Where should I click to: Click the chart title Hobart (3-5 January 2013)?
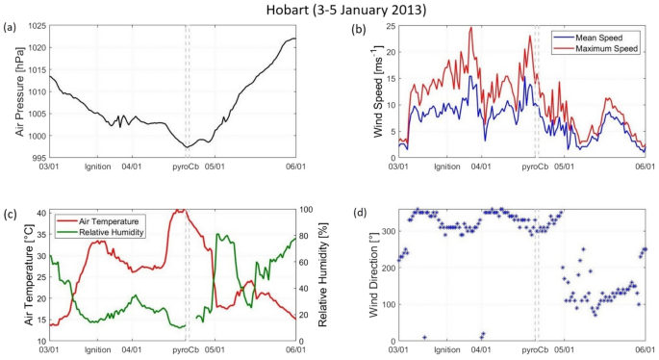point(329,11)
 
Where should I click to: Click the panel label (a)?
point(11,27)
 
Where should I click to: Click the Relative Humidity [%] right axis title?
point(328,275)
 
